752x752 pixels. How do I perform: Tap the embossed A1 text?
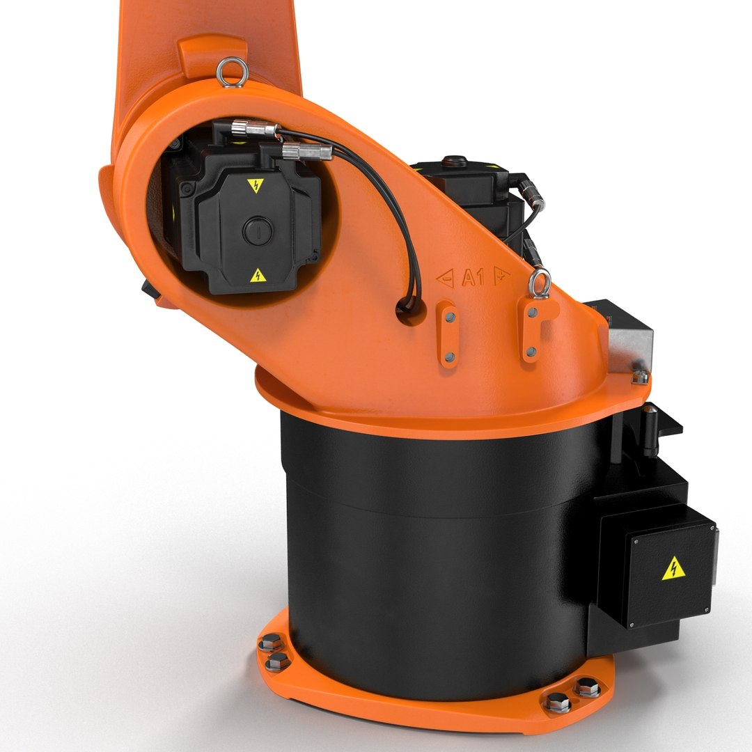tap(473, 279)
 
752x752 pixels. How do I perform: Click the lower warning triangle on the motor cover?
tap(258, 275)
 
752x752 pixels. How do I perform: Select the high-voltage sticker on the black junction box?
tap(673, 568)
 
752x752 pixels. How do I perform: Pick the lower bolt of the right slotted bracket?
tap(531, 352)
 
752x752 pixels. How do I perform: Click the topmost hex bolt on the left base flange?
tap(269, 643)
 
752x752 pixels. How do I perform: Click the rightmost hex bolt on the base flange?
tap(588, 687)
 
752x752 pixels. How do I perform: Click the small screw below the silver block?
tap(640, 377)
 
